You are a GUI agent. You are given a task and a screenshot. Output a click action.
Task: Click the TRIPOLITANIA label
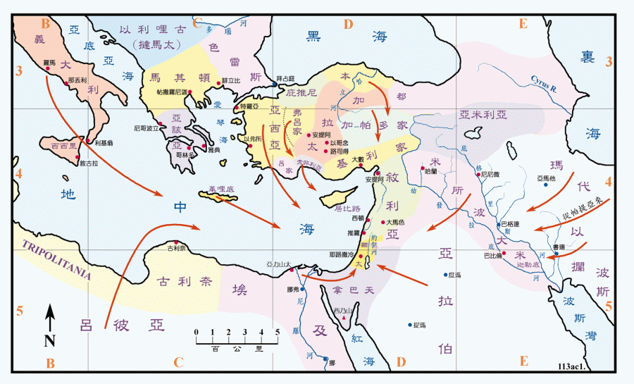(56, 259)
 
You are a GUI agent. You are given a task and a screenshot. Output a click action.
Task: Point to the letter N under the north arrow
(49, 341)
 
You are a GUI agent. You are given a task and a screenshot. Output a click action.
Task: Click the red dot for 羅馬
(47, 70)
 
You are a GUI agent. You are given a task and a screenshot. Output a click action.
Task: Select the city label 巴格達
(510, 225)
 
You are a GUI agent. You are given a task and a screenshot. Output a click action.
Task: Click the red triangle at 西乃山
(343, 318)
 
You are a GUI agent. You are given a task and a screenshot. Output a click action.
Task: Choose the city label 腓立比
(231, 80)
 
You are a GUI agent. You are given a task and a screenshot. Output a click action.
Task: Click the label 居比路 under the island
(347, 209)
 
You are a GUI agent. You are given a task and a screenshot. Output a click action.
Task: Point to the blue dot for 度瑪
(445, 275)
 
